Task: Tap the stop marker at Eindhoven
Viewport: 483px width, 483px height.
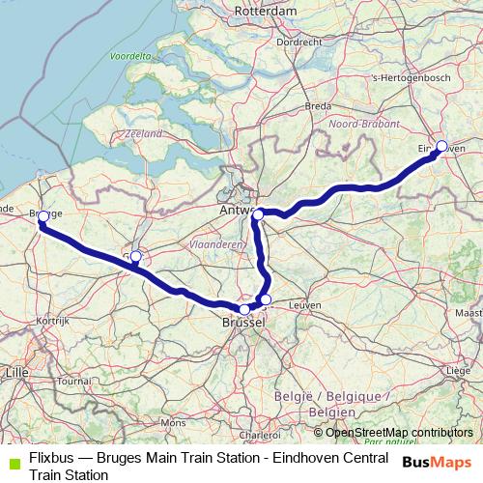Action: [x=441, y=146]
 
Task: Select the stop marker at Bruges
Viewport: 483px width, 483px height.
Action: [x=43, y=218]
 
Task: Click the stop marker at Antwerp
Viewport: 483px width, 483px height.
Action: [x=259, y=213]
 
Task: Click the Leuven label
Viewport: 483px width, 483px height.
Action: [x=304, y=304]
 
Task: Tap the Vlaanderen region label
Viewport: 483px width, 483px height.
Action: [x=215, y=245]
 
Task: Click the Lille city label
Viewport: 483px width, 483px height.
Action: [x=15, y=371]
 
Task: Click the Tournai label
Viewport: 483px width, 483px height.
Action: [x=72, y=381]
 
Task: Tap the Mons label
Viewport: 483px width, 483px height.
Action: [x=173, y=422]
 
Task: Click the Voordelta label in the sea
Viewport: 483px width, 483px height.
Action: [x=129, y=57]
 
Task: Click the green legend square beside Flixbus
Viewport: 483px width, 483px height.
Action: [x=13, y=459]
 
